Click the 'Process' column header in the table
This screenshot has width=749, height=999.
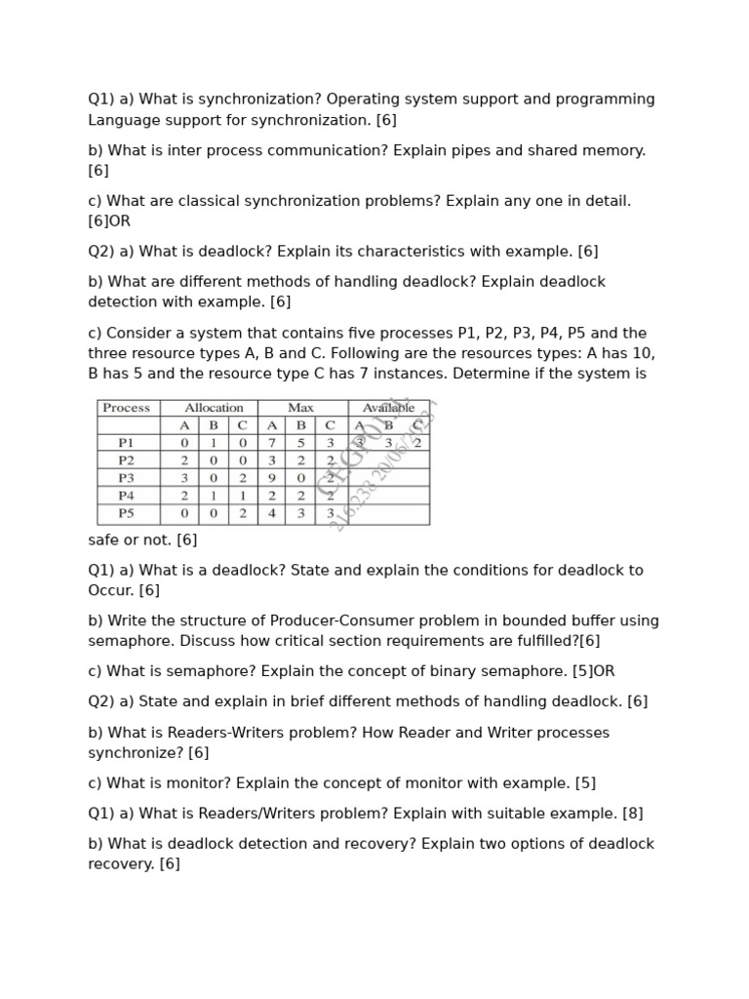point(127,408)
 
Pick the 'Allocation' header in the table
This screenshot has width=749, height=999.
point(214,408)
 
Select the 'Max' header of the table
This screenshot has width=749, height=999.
point(300,408)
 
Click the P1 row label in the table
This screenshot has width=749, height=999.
point(127,443)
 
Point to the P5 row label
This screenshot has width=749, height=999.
point(127,513)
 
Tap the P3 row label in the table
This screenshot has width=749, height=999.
point(127,478)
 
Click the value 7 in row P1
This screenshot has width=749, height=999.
point(272,443)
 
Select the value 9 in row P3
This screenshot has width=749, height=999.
point(272,478)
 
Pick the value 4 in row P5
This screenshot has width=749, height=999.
point(272,513)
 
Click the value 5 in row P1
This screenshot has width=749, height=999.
point(300,443)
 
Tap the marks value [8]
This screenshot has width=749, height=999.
point(633,814)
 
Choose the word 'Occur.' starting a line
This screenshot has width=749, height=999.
point(111,591)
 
